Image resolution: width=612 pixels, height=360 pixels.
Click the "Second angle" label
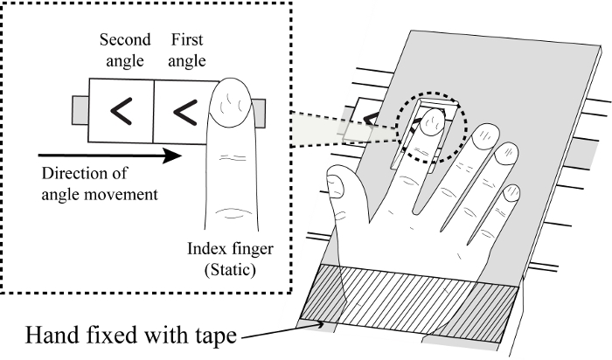pos(125,51)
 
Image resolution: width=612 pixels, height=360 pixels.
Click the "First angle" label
pos(187,51)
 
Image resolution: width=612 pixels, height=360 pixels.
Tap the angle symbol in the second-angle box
pos(122,111)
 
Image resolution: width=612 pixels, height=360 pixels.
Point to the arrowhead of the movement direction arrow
pos(171,156)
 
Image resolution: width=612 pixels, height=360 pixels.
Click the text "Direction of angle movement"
pos(100,183)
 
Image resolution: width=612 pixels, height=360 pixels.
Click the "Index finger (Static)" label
pos(230,259)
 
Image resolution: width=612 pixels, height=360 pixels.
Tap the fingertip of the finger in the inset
pos(230,101)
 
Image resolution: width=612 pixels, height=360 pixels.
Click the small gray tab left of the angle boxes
pos(80,110)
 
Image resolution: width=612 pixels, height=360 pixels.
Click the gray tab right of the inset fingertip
pos(259,114)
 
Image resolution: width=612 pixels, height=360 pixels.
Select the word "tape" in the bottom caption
pos(215,336)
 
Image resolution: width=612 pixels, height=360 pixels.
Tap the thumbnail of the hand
pos(336,186)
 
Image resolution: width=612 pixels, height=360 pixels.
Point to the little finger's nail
pos(511,193)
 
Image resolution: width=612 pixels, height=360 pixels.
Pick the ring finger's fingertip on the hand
pos(506,153)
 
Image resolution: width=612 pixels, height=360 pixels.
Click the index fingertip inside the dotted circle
pos(434,121)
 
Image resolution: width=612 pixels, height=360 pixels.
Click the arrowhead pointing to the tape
pos(320,324)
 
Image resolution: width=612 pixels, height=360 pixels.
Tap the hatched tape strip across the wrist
pos(409,302)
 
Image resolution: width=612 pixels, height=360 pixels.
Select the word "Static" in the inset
pos(230,269)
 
